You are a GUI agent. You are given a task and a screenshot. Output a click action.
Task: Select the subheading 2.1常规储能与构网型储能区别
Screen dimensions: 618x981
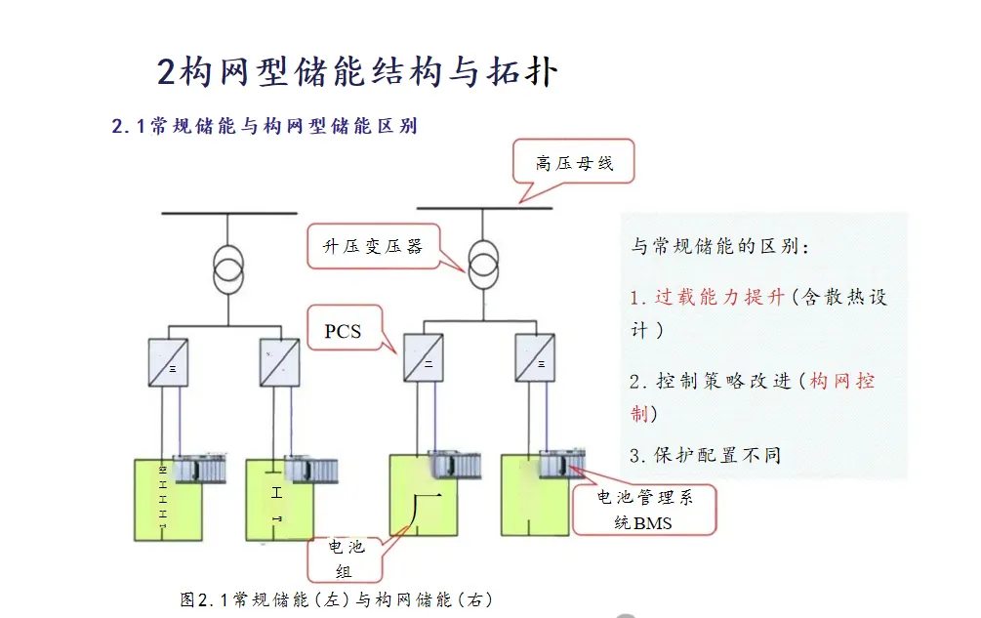pos(265,126)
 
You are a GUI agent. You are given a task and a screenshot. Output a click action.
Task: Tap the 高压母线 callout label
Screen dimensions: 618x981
pos(574,163)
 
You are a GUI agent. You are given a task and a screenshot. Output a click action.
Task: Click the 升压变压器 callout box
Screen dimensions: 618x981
pos(372,246)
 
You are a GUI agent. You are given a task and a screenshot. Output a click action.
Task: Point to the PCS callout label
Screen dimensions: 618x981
pos(343,331)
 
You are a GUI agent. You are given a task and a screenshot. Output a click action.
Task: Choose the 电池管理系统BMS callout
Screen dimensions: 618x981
pos(644,511)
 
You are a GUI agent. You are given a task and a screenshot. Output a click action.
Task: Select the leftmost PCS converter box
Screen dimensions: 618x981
pos(169,361)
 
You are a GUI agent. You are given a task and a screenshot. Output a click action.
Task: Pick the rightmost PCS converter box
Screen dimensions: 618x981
pos(535,357)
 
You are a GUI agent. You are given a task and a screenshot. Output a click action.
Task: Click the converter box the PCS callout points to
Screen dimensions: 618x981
pos(424,358)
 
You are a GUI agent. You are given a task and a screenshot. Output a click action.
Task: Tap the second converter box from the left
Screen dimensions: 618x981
pos(280,361)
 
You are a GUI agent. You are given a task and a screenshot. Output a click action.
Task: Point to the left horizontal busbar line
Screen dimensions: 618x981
pos(229,212)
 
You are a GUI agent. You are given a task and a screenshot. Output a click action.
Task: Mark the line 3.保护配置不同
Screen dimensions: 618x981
pos(705,455)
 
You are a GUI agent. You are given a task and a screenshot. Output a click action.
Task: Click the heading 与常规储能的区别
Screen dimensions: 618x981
pos(720,247)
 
